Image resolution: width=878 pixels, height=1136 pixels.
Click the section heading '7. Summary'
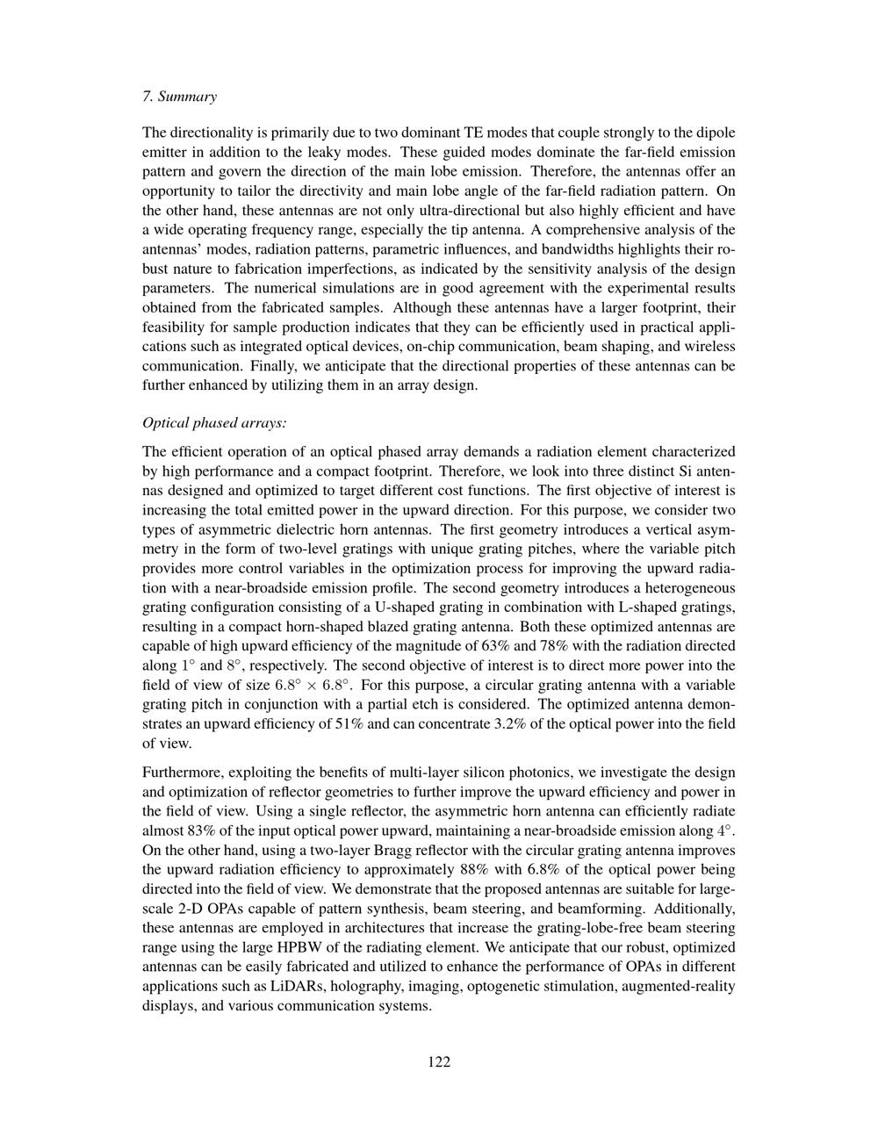(x=179, y=97)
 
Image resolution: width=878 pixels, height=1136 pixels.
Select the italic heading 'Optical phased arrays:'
(x=214, y=422)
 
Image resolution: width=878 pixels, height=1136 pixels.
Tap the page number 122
(x=439, y=1061)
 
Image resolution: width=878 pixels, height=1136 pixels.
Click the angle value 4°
(x=725, y=830)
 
